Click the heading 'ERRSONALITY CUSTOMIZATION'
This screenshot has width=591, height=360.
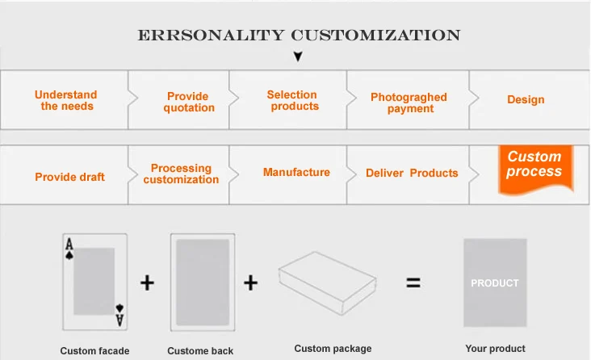tap(299, 36)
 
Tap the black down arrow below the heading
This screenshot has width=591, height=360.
tap(297, 57)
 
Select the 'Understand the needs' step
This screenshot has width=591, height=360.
tap(66, 101)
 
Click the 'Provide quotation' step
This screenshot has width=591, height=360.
tap(188, 103)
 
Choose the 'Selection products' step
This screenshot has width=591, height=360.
tap(292, 101)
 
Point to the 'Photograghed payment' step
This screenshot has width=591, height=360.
tap(409, 103)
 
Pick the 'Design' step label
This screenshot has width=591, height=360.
tap(526, 100)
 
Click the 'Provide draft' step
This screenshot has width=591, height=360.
tap(69, 177)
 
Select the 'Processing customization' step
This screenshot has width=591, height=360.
tap(181, 174)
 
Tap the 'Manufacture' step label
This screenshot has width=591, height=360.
tap(296, 172)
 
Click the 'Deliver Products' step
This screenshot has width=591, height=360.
tap(412, 173)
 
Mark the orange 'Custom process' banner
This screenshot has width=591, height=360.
tap(534, 166)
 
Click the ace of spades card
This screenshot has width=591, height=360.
tap(94, 281)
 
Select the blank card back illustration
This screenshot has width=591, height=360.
tap(203, 282)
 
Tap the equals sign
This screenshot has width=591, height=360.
tap(413, 283)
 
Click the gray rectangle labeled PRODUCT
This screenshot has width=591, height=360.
tap(495, 283)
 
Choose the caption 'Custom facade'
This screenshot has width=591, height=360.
tap(94, 351)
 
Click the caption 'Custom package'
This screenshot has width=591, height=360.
tap(333, 349)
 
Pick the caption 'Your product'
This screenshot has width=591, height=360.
tap(495, 349)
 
